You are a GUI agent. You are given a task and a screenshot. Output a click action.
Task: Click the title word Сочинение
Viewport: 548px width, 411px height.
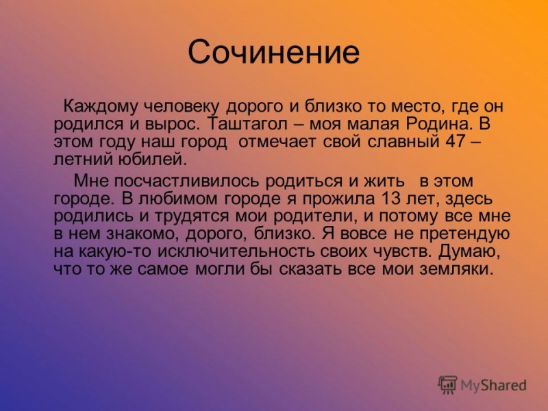click(x=274, y=53)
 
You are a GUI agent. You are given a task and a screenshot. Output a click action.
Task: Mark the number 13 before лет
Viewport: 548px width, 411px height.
click(x=382, y=199)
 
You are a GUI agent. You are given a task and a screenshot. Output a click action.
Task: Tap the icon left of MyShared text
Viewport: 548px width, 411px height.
click(x=447, y=385)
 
